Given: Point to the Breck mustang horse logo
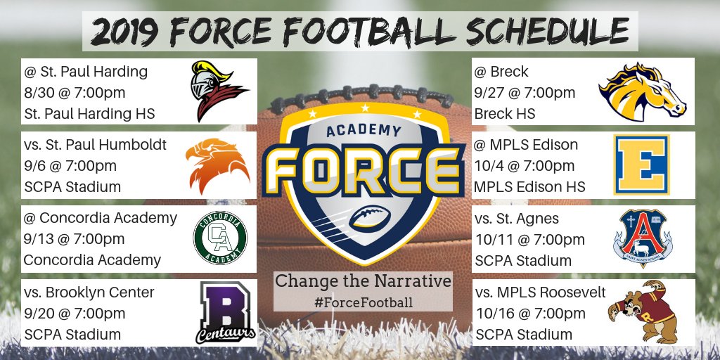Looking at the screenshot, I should [642, 91].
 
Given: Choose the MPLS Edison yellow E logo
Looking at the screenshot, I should [641, 164].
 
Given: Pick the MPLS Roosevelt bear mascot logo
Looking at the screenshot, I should [641, 312].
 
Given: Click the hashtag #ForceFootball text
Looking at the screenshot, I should [363, 302].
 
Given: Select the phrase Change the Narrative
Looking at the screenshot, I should [363, 281].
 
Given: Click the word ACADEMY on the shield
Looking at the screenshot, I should [364, 131].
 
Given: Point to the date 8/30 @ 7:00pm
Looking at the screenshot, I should [75, 93].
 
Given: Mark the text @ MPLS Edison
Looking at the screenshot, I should [527, 145].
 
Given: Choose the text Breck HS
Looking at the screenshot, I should [505, 113].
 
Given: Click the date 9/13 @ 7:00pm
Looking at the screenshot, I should [74, 239].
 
